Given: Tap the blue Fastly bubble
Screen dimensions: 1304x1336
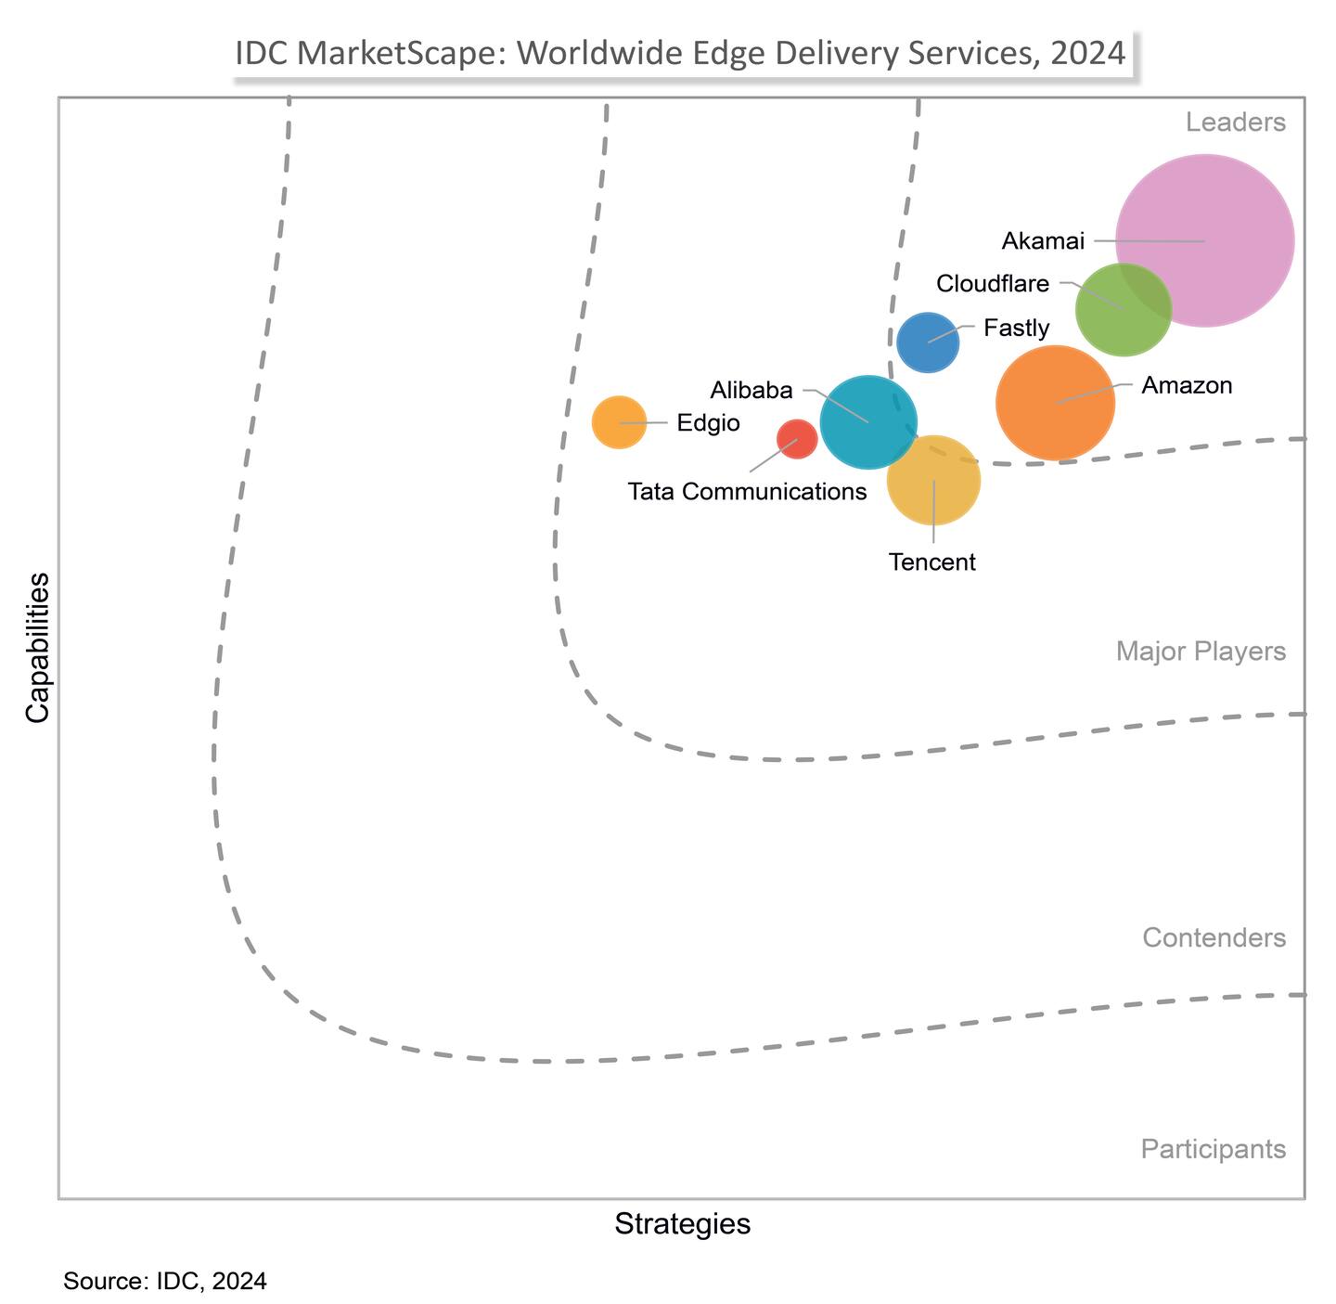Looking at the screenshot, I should click(928, 342).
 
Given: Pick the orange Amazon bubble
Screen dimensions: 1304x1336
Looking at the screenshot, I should click(1055, 403).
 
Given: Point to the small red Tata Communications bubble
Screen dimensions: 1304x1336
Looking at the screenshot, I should click(797, 438).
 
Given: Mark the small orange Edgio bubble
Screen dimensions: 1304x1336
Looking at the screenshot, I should click(619, 422).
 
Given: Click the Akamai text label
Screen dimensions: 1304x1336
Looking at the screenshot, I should click(1043, 241).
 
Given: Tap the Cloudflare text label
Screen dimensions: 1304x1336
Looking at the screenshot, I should click(993, 283).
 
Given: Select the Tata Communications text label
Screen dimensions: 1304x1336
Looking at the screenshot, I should click(747, 491).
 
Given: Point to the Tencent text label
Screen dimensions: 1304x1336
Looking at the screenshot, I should click(931, 562).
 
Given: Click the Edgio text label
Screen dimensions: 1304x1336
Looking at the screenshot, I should click(708, 423).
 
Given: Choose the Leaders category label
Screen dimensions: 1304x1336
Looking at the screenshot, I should click(1235, 123).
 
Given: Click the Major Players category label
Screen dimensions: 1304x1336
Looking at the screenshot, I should click(1201, 652).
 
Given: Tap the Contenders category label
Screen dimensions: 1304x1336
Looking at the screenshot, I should click(1214, 937).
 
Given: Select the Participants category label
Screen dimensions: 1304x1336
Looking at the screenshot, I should click(1213, 1149).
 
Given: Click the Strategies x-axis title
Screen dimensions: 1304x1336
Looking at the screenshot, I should click(682, 1223).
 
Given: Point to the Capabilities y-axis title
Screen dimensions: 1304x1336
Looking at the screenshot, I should click(37, 647).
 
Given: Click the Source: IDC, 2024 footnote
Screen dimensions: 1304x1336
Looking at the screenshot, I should click(165, 1281).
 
